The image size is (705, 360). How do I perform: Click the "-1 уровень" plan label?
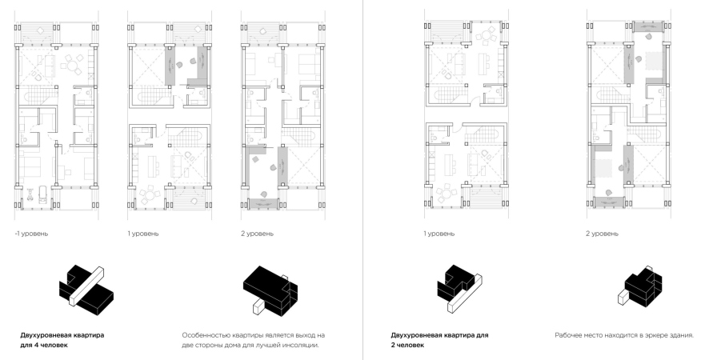[x=31, y=234]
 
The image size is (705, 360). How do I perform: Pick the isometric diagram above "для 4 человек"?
[x=86, y=286]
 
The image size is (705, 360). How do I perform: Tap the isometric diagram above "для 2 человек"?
[x=460, y=287]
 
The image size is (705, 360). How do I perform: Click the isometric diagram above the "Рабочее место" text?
[x=643, y=286]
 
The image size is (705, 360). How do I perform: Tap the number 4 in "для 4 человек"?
[x=34, y=346]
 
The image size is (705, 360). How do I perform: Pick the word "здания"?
[x=682, y=335]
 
